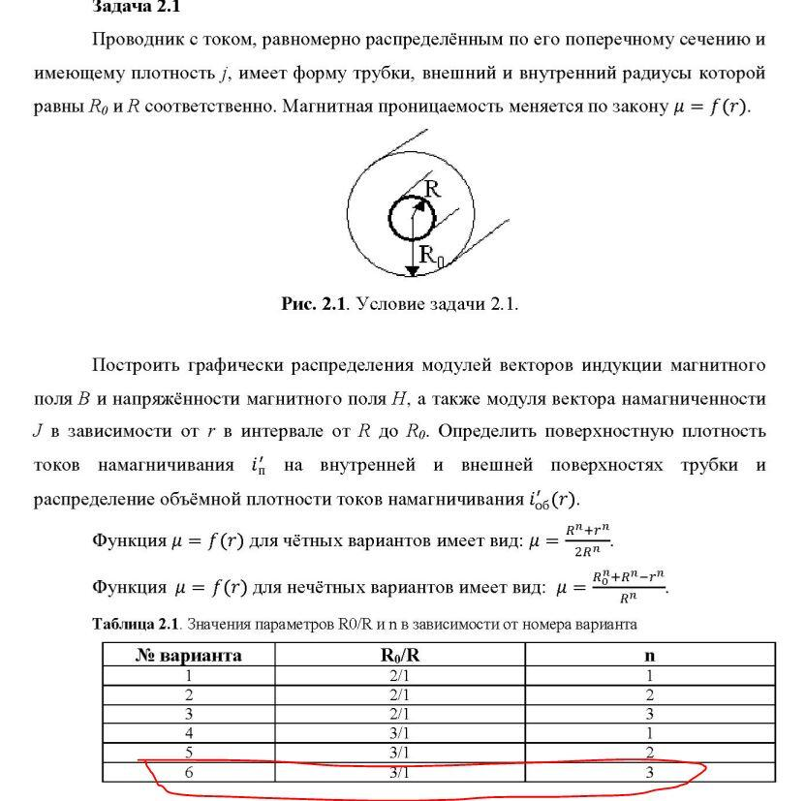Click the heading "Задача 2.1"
tap(136, 8)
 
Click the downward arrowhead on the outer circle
tap(412, 270)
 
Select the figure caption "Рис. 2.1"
tap(314, 304)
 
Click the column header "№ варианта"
tap(188, 656)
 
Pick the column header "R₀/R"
tap(399, 656)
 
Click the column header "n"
tap(649, 656)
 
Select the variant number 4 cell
tap(188, 733)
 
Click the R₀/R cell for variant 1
tap(399, 676)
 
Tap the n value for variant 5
tap(649, 753)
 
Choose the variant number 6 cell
tap(188, 772)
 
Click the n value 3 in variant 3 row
tap(649, 714)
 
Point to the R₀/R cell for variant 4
tap(399, 733)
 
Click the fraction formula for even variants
tap(588, 539)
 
